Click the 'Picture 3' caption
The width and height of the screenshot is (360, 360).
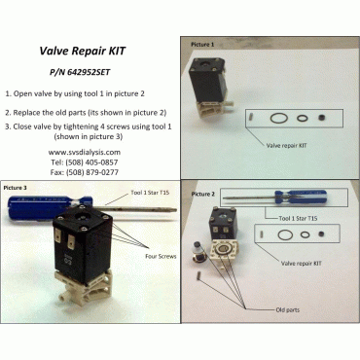(21, 186)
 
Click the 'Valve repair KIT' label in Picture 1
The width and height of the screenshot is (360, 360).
(289, 145)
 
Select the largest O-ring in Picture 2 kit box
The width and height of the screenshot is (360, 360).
(286, 234)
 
